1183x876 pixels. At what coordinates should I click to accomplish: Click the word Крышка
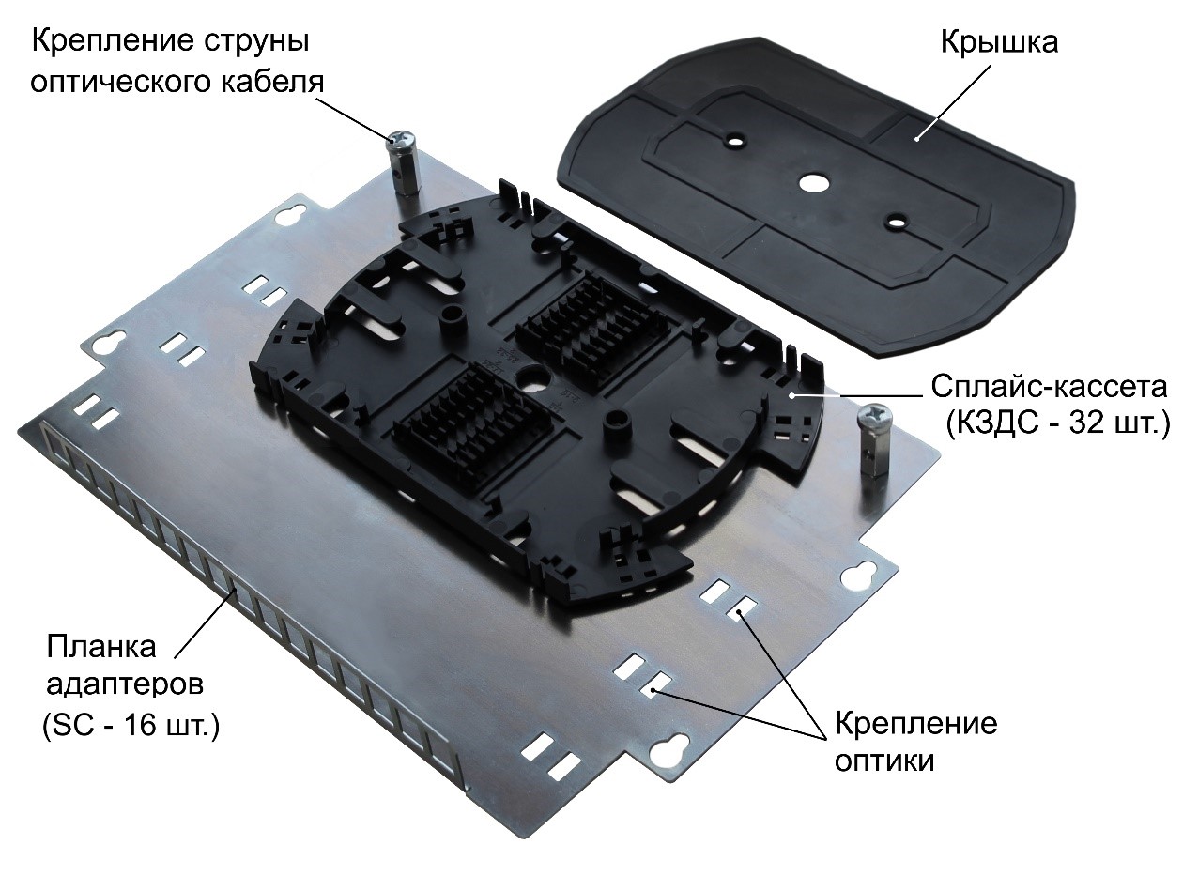coord(998,43)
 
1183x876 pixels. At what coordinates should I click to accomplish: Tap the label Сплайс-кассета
coord(1049,387)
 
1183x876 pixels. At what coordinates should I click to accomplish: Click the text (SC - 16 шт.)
coord(131,727)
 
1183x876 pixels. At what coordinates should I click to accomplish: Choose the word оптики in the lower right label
coord(883,760)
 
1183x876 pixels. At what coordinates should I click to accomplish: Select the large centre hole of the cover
coord(812,181)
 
